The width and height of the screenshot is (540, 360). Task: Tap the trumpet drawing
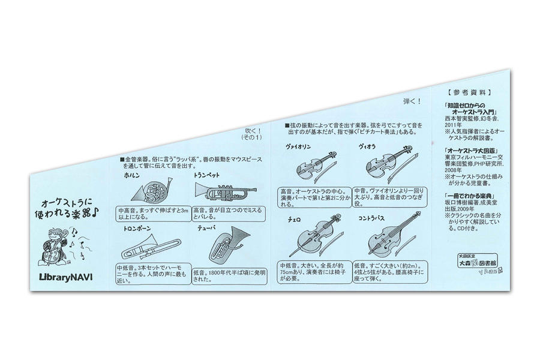pyautogui.click(x=224, y=192)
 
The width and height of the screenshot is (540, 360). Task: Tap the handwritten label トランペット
pyautogui.click(x=207, y=176)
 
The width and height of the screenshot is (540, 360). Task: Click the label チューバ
pyautogui.click(x=208, y=229)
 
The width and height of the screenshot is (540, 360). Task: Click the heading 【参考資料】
pyautogui.click(x=469, y=93)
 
